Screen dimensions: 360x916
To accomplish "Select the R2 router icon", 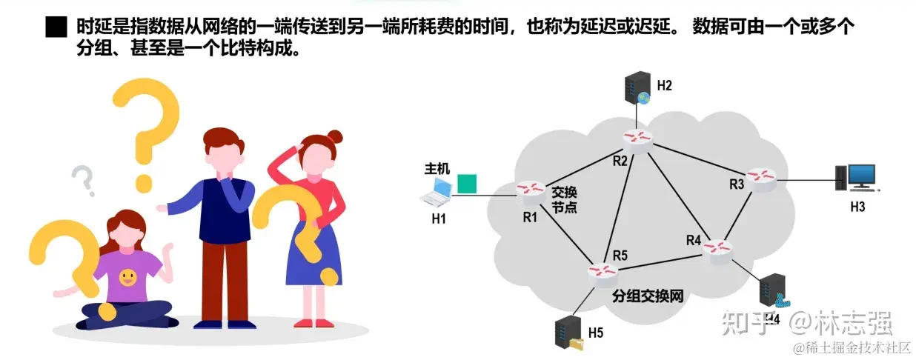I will click(x=637, y=139).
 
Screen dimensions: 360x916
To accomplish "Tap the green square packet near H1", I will click(x=466, y=184).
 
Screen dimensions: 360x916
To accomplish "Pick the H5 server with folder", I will click(x=568, y=333).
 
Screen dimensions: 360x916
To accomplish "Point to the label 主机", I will click(x=437, y=168).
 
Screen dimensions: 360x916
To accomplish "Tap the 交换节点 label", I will click(x=564, y=199).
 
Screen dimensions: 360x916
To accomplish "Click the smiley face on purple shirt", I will click(x=127, y=278).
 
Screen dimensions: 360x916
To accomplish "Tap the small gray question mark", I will click(x=83, y=180).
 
